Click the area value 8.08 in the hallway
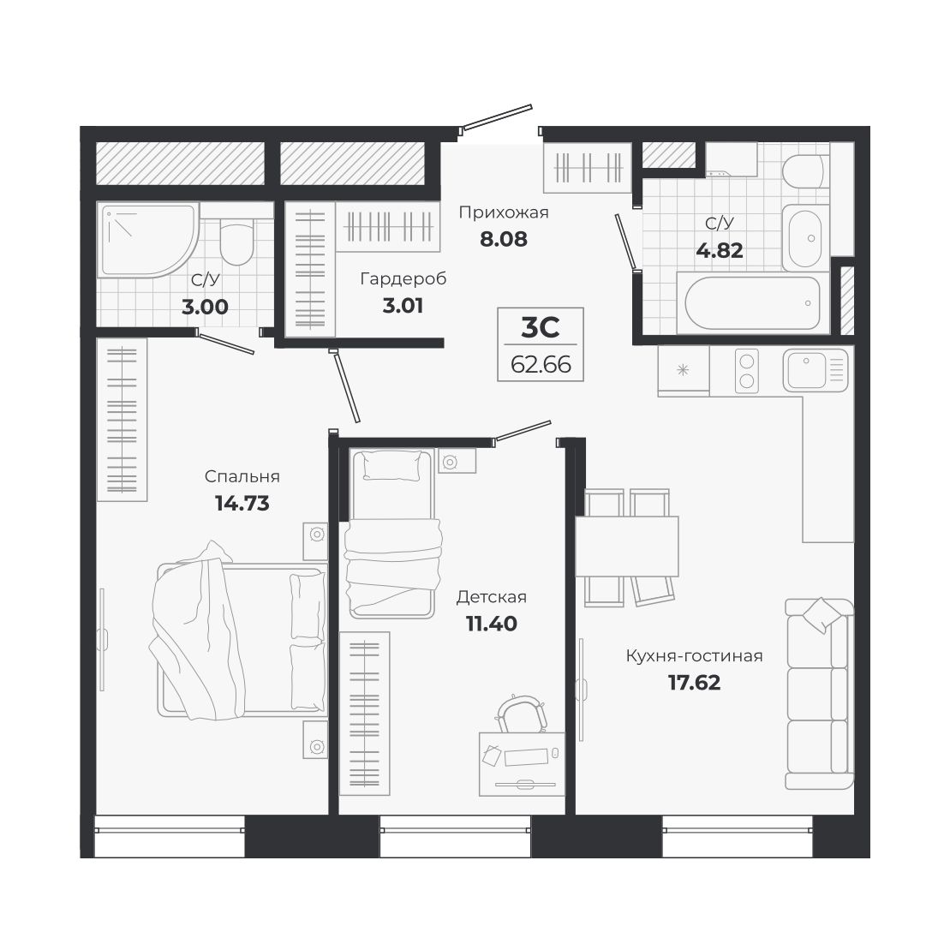pos(504,239)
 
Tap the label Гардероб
pos(403,278)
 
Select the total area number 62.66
pos(541,364)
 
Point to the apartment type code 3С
pos(540,328)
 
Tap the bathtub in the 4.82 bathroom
pos(753,303)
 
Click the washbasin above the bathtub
pos(805,238)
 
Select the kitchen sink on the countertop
pos(816,369)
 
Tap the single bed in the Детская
pos(392,533)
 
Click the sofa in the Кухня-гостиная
pos(819,693)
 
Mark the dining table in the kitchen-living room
pos(626,547)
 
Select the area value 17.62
pos(695,683)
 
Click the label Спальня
pos(242,477)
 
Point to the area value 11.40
pos(492,624)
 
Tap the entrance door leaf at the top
pos(497,117)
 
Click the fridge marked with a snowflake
pos(684,370)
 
